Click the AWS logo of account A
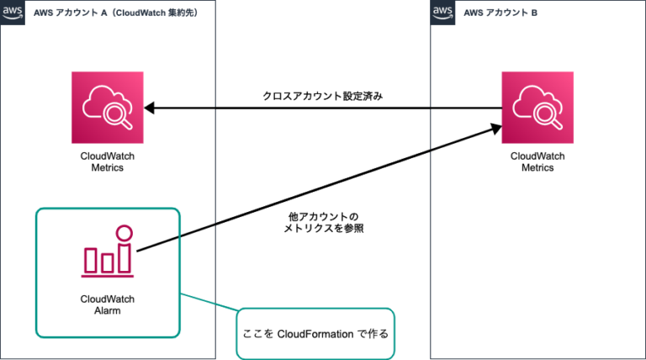pyautogui.click(x=12, y=11)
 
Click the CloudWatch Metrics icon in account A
pyautogui.click(x=108, y=107)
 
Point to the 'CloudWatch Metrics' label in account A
pyautogui.click(x=108, y=161)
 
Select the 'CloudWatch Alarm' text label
pyautogui.click(x=108, y=304)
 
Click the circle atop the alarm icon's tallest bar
pyautogui.click(x=124, y=231)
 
